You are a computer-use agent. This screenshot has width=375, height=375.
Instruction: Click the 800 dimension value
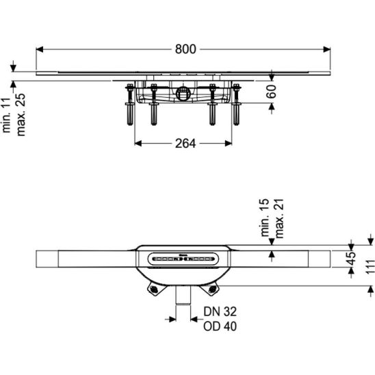click(185, 49)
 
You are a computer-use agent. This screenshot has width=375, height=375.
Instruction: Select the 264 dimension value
click(185, 144)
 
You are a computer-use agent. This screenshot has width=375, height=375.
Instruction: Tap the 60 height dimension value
click(272, 92)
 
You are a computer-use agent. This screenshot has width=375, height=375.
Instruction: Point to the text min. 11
click(6, 115)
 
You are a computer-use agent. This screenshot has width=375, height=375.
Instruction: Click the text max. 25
click(21, 114)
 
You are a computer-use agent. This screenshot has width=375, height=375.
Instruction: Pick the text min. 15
click(265, 218)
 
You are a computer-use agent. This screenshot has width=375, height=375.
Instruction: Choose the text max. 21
click(279, 218)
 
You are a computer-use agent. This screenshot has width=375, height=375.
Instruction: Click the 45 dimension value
click(351, 259)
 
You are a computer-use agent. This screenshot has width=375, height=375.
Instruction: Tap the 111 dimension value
click(370, 266)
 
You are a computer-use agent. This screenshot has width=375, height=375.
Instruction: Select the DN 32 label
click(220, 311)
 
